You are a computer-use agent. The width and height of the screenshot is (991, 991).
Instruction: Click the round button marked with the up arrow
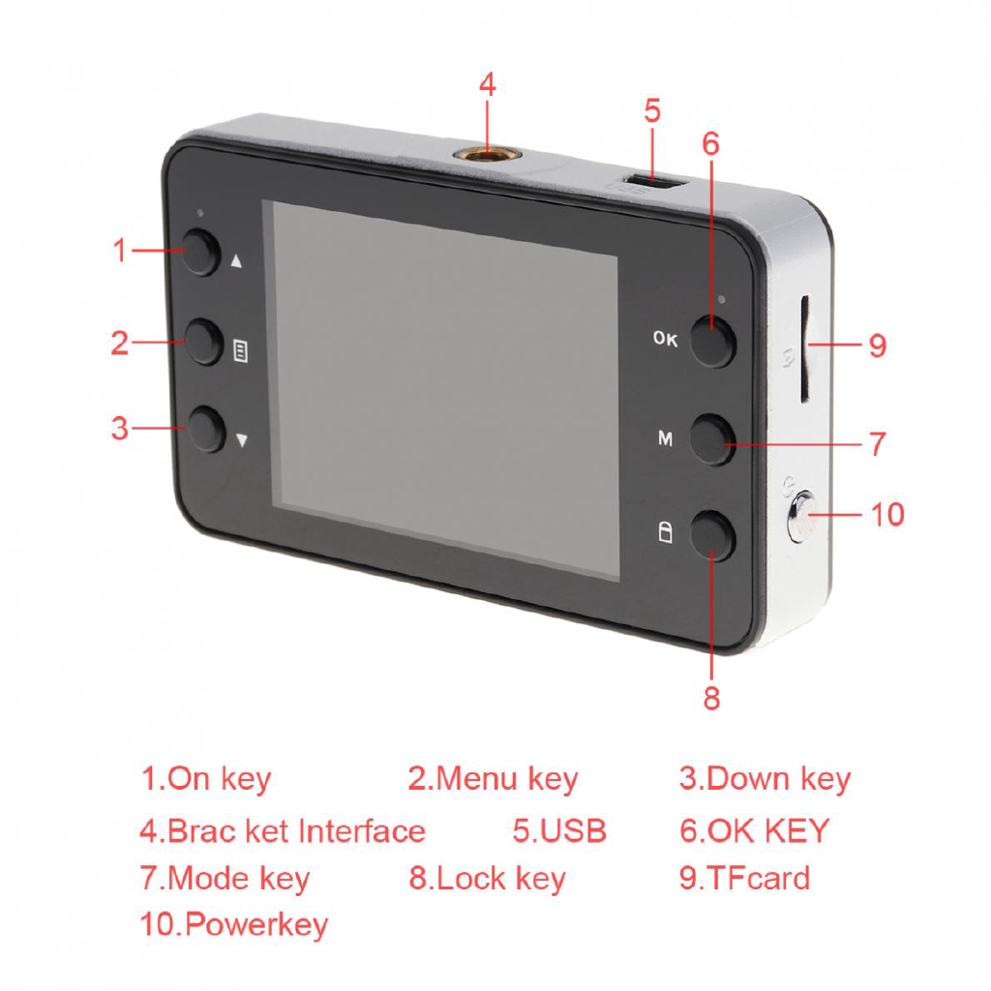point(202,252)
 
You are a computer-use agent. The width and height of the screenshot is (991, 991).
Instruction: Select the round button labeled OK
point(713,343)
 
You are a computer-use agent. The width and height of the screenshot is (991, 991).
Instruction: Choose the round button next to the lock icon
point(713,534)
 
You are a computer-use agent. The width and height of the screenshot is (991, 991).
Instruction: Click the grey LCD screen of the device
point(445,389)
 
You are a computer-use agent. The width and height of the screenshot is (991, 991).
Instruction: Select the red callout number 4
point(487,85)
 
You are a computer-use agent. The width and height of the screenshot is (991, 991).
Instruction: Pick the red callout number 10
point(886,514)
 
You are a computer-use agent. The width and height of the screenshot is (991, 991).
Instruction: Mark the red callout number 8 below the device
point(712,699)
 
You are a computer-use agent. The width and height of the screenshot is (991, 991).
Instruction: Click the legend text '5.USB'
point(559,830)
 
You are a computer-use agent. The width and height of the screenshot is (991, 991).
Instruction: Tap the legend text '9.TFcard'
point(743,879)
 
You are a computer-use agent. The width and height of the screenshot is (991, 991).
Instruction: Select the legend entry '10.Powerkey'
point(234,924)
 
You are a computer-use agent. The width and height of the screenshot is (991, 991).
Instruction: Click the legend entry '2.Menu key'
point(492,779)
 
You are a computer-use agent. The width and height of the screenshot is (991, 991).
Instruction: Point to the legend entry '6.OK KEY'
point(755,830)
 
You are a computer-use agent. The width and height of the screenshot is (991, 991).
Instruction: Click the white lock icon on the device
point(665,533)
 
